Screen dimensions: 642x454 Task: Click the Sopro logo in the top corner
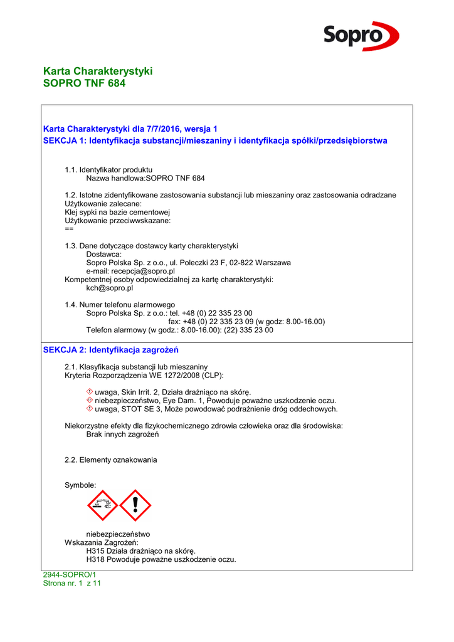pyautogui.click(x=361, y=36)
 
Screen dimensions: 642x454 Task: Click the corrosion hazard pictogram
pyautogui.click(x=102, y=505)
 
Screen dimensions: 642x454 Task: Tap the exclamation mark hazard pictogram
pyautogui.click(x=135, y=505)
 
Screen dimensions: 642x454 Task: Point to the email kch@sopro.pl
pyautogui.click(x=109, y=288)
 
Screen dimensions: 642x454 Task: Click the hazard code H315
pyautogui.click(x=96, y=550)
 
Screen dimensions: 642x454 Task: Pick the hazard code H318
pyautogui.click(x=96, y=559)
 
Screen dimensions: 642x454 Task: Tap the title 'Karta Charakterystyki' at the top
pyautogui.click(x=98, y=71)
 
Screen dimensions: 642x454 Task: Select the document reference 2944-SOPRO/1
pyautogui.click(x=69, y=574)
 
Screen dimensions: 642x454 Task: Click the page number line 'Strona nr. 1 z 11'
pyautogui.click(x=71, y=583)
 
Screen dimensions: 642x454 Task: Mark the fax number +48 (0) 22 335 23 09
pyautogui.click(x=218, y=322)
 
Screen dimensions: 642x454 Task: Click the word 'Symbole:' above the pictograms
pyautogui.click(x=80, y=485)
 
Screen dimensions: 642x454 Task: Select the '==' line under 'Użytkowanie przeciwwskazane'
pyautogui.click(x=69, y=229)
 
